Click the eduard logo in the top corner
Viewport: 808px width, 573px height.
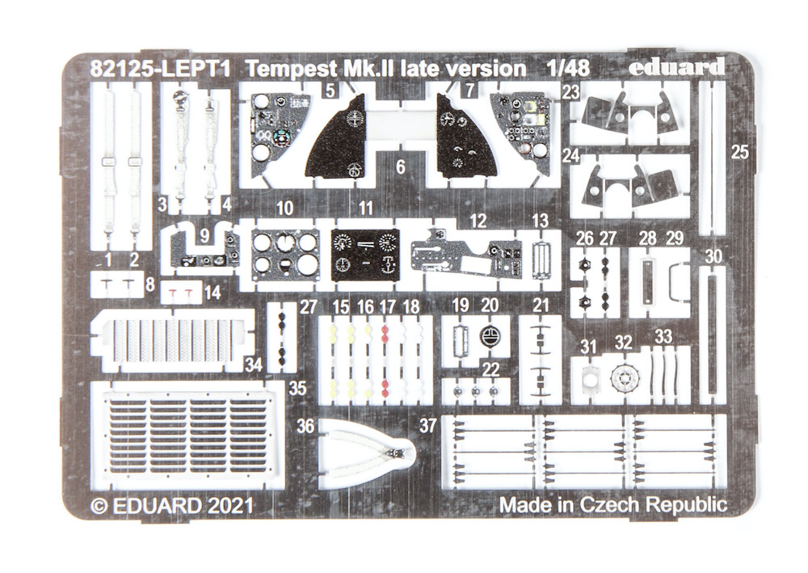pyautogui.click(x=676, y=68)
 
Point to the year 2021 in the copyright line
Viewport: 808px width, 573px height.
pyautogui.click(x=231, y=505)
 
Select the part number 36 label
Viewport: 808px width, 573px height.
pyautogui.click(x=305, y=426)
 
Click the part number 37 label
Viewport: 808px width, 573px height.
pyautogui.click(x=427, y=426)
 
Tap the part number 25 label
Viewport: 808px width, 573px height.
pyautogui.click(x=739, y=152)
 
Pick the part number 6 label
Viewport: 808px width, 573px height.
pyautogui.click(x=401, y=167)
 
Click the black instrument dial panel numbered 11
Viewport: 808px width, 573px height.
pyautogui.click(x=365, y=255)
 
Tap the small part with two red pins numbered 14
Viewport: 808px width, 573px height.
pyautogui.click(x=180, y=293)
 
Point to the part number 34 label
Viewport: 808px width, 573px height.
pyautogui.click(x=254, y=364)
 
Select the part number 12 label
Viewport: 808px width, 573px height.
pyautogui.click(x=478, y=221)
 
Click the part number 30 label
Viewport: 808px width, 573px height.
pyautogui.click(x=713, y=256)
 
